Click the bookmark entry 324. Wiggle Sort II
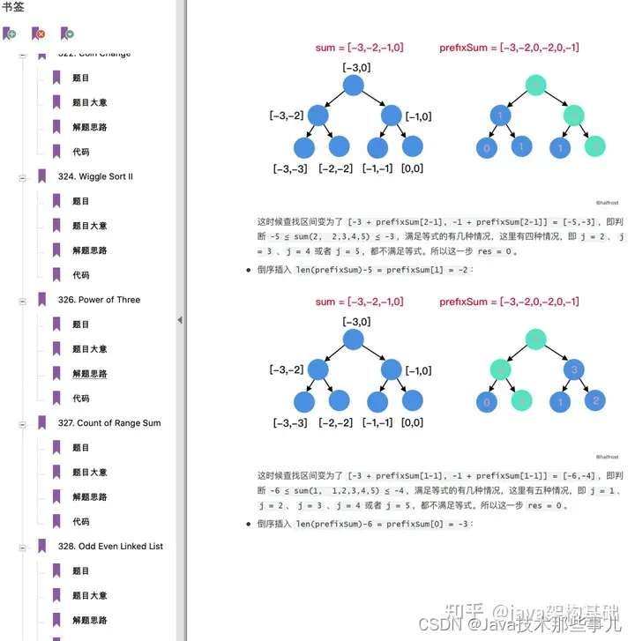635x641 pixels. (x=106, y=176)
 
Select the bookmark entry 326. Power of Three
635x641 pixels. (x=109, y=300)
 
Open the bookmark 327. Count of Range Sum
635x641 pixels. (x=119, y=423)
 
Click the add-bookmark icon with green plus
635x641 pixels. (x=10, y=34)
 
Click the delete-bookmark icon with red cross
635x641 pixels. (x=38, y=34)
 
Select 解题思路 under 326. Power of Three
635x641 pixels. (x=89, y=374)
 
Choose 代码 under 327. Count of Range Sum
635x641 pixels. (x=81, y=522)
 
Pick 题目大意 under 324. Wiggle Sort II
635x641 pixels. (x=89, y=226)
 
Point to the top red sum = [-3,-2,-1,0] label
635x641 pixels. (x=359, y=48)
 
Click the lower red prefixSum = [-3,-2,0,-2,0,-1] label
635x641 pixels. (x=509, y=302)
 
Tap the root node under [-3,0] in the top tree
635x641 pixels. (x=353, y=86)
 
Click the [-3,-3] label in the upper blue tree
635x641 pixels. (x=289, y=168)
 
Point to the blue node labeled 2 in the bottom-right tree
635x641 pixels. (x=596, y=401)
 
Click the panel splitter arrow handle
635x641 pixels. (x=180, y=320)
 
